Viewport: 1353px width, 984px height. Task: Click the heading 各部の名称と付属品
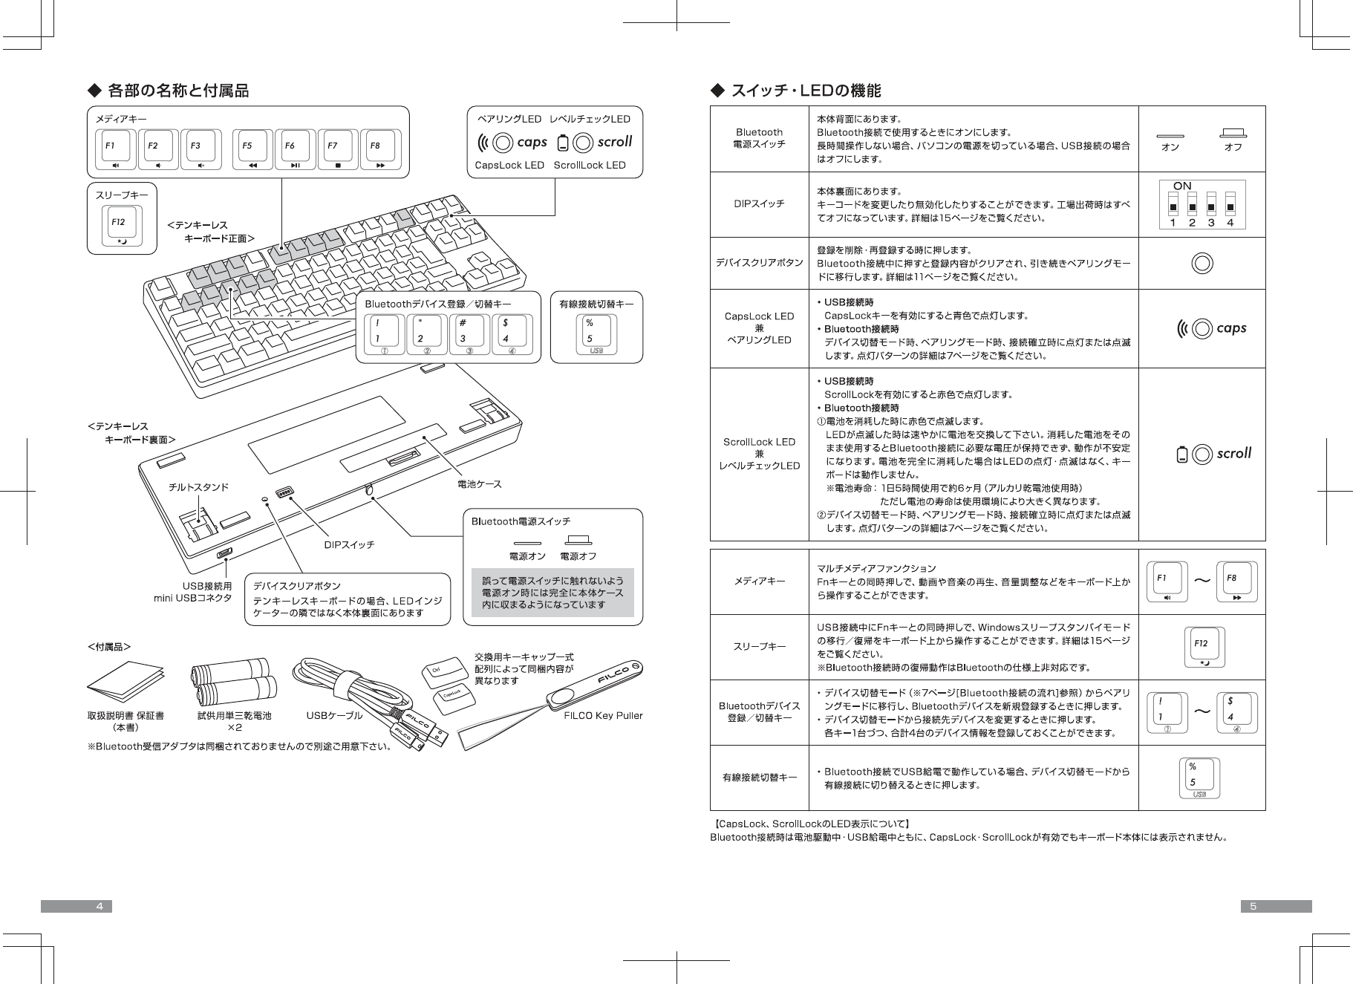178,91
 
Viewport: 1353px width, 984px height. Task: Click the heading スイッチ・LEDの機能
806,91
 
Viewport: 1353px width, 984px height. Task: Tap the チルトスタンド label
199,487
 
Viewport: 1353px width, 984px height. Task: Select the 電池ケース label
479,484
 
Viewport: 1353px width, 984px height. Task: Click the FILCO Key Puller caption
603,716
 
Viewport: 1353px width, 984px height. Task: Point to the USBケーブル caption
334,716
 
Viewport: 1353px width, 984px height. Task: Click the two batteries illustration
231,681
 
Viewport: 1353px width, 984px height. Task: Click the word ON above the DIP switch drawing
1182,186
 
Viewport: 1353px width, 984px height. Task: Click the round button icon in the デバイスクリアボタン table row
1202,264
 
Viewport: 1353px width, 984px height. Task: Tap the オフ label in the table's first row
1233,147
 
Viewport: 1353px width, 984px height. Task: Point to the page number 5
1253,906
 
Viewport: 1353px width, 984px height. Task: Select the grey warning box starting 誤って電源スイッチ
552,593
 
